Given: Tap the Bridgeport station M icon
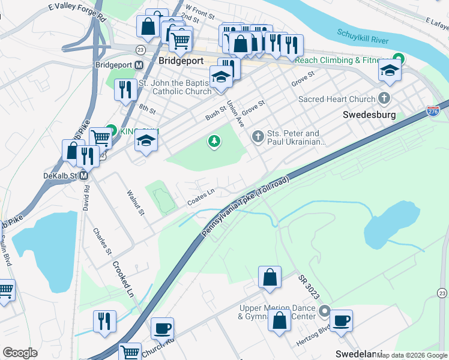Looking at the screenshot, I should (139, 65).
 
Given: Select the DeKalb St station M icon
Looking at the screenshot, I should (84, 176).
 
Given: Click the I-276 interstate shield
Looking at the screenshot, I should (433, 111).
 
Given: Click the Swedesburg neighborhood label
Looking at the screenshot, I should (369, 114).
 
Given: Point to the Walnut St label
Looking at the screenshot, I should (136, 203).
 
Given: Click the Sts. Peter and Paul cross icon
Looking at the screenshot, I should (258, 137).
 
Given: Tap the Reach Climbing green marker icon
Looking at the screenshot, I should (397, 60).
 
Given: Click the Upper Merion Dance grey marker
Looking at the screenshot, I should (325, 311).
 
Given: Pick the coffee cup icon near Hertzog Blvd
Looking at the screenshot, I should (342, 320).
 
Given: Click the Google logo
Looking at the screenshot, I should (20, 353).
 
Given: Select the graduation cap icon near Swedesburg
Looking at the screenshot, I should (390, 70).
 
